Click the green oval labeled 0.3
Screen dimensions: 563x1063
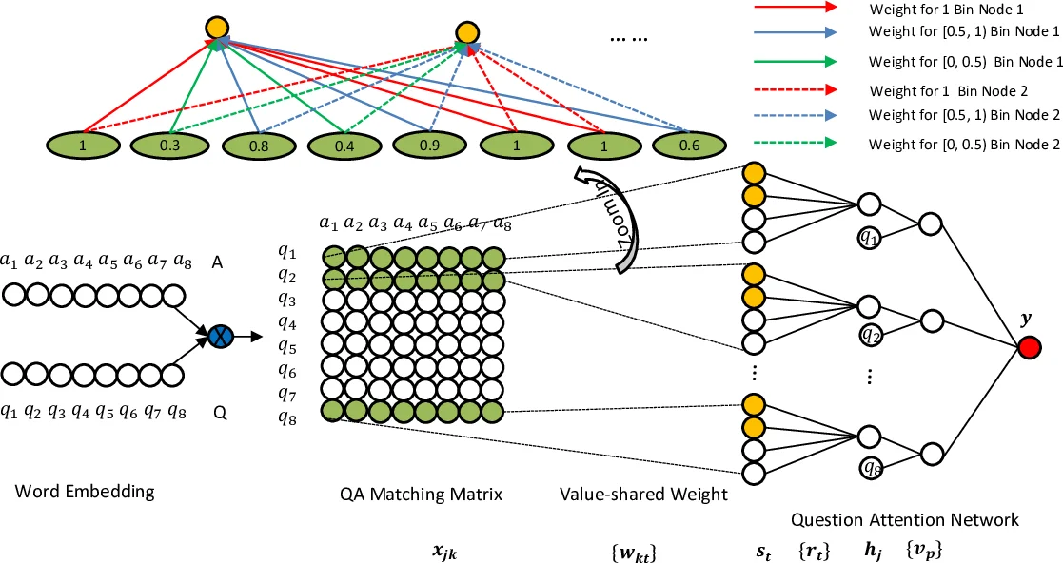(x=173, y=146)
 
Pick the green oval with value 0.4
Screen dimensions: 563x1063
(x=345, y=147)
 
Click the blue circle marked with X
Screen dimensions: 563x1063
(x=221, y=335)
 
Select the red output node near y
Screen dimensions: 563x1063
(x=1028, y=349)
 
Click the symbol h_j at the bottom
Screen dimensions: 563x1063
(x=869, y=550)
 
